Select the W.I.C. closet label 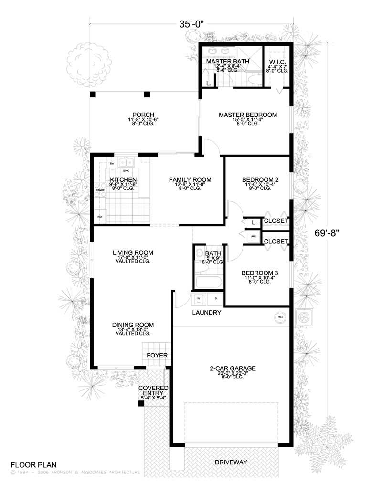pos(277,62)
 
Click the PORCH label pos(143,115)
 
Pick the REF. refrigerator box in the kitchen pos(101,216)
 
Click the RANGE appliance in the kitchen pos(100,190)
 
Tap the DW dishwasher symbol pos(112,164)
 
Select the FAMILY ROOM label pos(190,179)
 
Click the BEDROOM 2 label pos(260,179)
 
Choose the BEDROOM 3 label pos(260,273)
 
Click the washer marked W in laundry pos(200,299)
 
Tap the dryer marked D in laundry pos(215,299)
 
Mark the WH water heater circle pos(280,316)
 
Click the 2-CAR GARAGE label pos(233,368)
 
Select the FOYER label pos(157,356)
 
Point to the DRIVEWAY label pos(231,462)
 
